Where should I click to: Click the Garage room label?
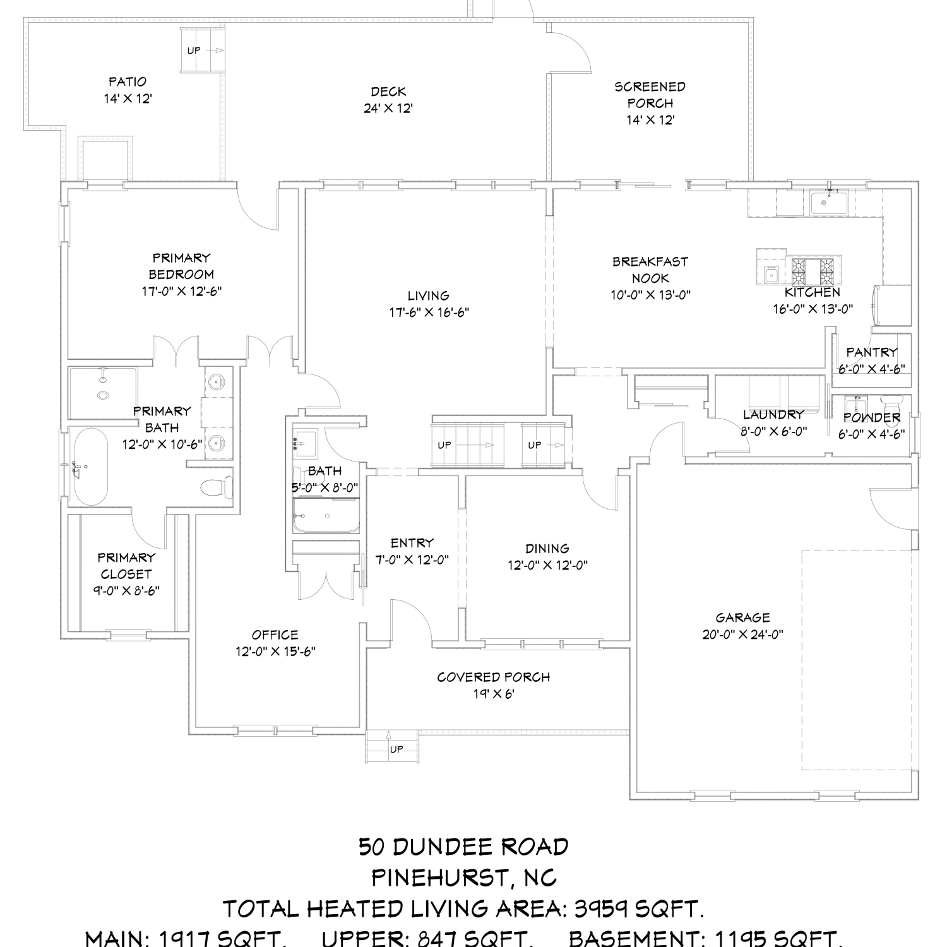[742, 617]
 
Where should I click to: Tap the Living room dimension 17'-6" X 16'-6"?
[429, 312]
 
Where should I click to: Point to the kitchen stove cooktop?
[814, 271]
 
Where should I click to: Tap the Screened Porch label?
[650, 95]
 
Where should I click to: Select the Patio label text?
[128, 81]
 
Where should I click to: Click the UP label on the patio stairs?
[193, 51]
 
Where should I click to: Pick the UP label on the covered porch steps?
[396, 749]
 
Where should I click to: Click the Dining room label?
[547, 549]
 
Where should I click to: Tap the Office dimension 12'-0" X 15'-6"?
[275, 652]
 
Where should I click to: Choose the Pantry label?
[872, 352]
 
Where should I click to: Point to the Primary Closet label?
[126, 566]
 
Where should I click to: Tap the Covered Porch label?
[494, 677]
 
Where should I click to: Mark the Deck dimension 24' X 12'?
[388, 109]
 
